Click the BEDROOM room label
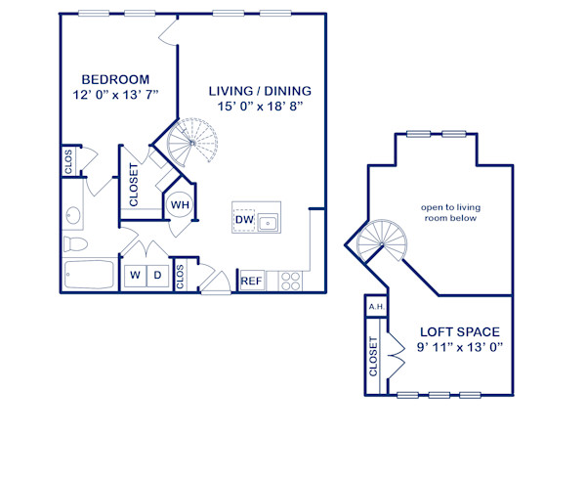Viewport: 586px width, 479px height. tap(115, 79)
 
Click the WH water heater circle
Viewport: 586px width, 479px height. tap(180, 205)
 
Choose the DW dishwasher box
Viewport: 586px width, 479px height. tap(243, 220)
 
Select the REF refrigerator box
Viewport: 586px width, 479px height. tap(251, 282)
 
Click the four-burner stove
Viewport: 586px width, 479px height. tap(291, 281)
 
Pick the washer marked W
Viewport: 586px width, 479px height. tap(135, 276)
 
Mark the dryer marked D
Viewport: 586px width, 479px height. tap(157, 276)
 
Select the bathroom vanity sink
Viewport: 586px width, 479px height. tap(73, 214)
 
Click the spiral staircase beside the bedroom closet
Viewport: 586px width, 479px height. tap(188, 143)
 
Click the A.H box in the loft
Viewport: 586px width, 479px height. tap(375, 307)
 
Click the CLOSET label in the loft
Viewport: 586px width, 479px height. tap(374, 357)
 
